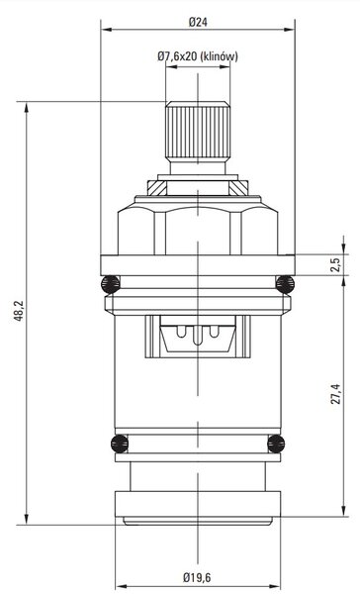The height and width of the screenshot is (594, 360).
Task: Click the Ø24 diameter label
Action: [x=198, y=22]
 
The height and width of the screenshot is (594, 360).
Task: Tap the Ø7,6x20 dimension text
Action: [x=177, y=56]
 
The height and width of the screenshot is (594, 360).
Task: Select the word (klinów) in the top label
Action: [x=220, y=56]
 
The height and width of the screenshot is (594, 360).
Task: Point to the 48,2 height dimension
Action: [x=19, y=311]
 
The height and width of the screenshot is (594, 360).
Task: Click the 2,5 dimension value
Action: [x=335, y=264]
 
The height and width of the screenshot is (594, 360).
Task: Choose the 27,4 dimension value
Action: [x=336, y=394]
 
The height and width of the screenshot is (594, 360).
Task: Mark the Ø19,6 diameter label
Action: [x=197, y=577]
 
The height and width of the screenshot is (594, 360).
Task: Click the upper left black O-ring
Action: [x=110, y=284]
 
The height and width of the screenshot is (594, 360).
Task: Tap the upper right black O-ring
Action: [x=285, y=284]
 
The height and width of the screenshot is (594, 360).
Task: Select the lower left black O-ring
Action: [x=120, y=444]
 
